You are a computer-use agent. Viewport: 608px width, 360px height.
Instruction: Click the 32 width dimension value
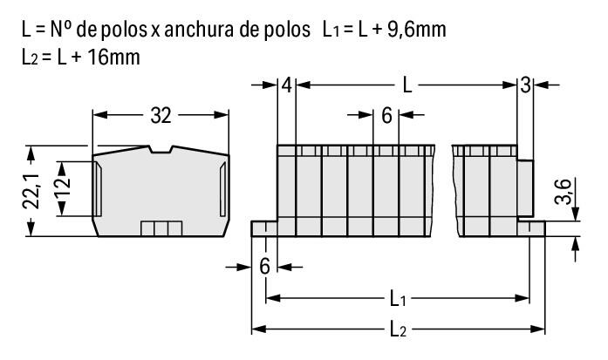(x=160, y=114)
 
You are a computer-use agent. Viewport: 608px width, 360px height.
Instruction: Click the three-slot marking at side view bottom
(x=161, y=228)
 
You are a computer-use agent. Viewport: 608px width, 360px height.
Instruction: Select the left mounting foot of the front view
(x=264, y=228)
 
